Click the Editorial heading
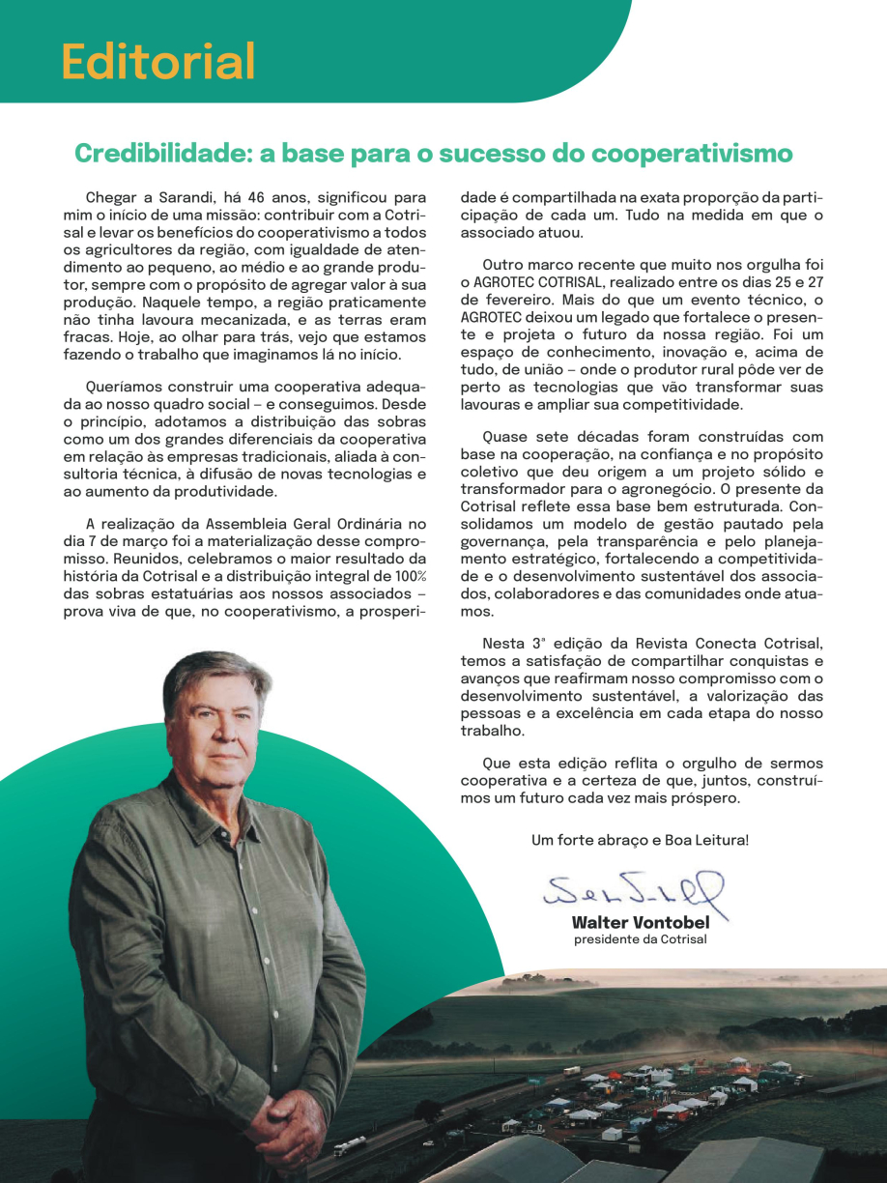tap(158, 61)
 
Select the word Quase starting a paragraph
tap(505, 436)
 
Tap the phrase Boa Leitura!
tap(706, 840)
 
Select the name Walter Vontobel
tap(640, 923)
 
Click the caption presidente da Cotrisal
tap(640, 939)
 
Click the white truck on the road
tap(350, 1146)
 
